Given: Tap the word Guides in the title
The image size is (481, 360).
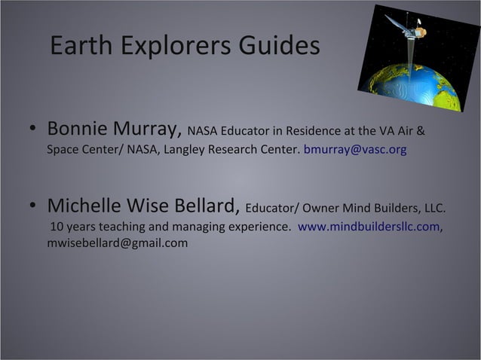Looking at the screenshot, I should click(278, 47).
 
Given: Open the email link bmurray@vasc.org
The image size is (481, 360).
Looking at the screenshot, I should click(354, 150).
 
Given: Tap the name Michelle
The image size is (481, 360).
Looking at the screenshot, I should click(87, 206).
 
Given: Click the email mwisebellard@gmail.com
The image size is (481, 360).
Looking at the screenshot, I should click(118, 243).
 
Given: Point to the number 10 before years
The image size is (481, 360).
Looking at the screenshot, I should click(57, 226).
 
